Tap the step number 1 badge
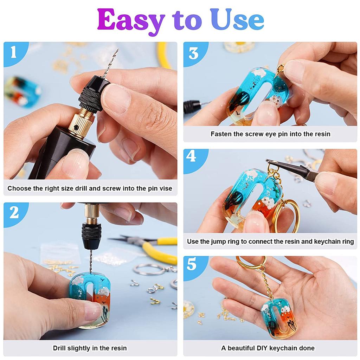14,53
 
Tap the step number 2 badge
14,212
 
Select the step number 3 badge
194,53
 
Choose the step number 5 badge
192,264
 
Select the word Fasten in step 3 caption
220,134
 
